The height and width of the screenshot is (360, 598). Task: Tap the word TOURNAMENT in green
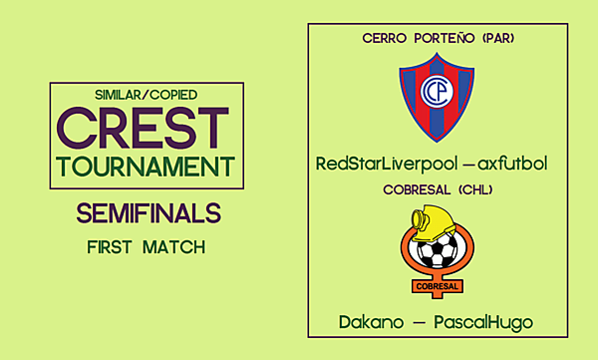147,166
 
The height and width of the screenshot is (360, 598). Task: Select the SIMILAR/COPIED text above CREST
146,95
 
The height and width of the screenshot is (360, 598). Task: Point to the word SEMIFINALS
147,213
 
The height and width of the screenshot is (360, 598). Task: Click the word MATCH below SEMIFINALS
174,246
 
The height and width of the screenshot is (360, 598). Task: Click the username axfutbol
513,163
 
